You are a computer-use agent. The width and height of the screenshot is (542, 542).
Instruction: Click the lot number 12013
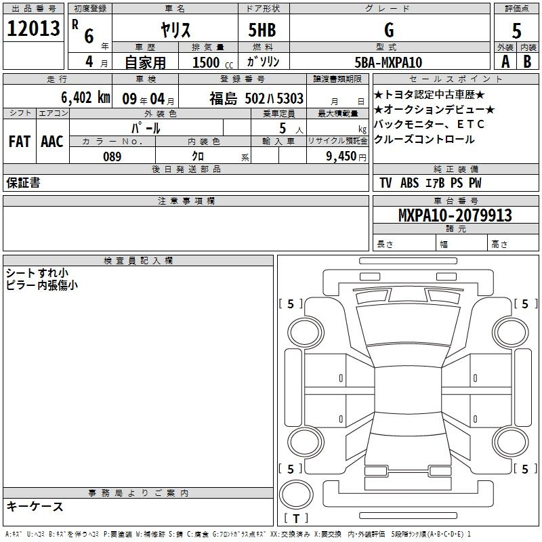tap(33, 28)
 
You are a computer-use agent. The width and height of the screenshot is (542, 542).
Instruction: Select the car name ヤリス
tap(175, 30)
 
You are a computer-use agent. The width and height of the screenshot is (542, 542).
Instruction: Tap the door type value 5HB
tap(262, 30)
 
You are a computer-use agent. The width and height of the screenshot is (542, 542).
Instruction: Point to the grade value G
tap(389, 30)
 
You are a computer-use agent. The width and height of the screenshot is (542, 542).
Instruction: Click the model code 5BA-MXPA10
tap(388, 62)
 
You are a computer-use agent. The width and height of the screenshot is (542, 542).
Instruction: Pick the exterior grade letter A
tap(505, 62)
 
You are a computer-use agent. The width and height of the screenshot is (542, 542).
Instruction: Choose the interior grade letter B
tap(527, 62)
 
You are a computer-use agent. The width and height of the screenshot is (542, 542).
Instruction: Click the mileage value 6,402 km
tap(85, 98)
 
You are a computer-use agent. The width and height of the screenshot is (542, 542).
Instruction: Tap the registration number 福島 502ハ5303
tap(256, 98)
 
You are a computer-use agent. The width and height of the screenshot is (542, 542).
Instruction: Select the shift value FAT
tap(20, 142)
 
